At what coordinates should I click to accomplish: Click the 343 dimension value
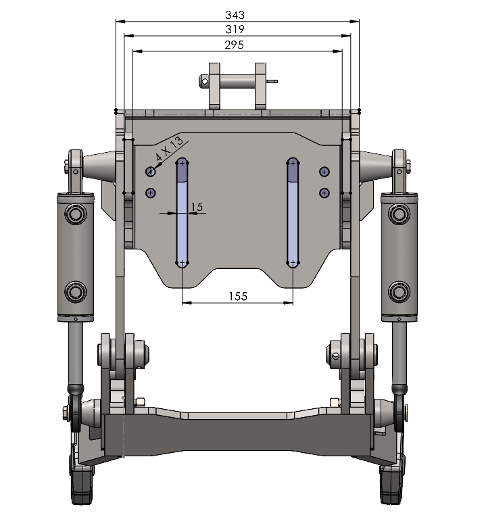click(x=235, y=15)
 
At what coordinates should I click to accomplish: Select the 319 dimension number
click(x=235, y=29)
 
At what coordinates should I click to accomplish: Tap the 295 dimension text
click(x=234, y=45)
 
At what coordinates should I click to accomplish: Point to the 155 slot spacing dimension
click(x=238, y=296)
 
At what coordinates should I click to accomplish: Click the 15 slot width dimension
click(x=197, y=207)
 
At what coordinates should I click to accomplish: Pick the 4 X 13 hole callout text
click(x=169, y=149)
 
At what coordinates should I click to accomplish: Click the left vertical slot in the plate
click(x=182, y=213)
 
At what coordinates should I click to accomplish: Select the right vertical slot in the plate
click(x=293, y=213)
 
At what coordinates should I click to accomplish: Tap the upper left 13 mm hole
click(x=151, y=172)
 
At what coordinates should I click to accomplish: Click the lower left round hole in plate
click(x=151, y=193)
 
